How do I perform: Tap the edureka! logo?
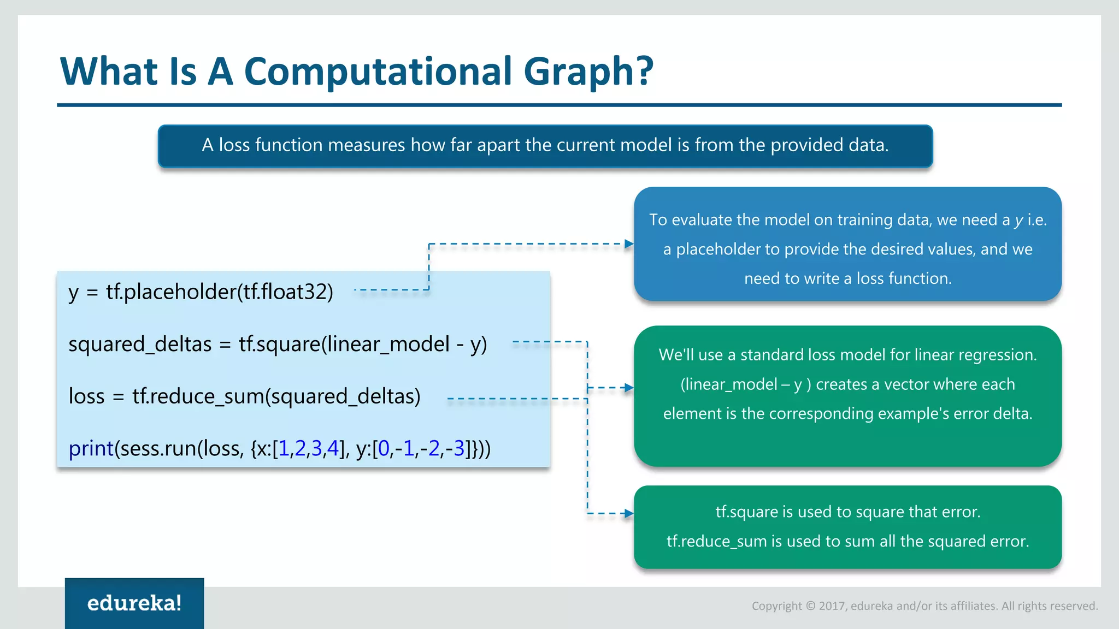pyautogui.click(x=134, y=603)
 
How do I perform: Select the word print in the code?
pyautogui.click(x=91, y=449)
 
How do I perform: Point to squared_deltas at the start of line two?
pyautogui.click(x=140, y=345)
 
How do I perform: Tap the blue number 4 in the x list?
pyautogui.click(x=332, y=449)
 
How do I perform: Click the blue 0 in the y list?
pyautogui.click(x=384, y=449)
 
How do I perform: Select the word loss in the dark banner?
pyautogui.click(x=234, y=145)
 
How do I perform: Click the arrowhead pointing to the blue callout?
pyautogui.click(x=629, y=244)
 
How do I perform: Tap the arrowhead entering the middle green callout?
pyautogui.click(x=629, y=388)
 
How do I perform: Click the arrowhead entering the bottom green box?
pyautogui.click(x=629, y=513)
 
